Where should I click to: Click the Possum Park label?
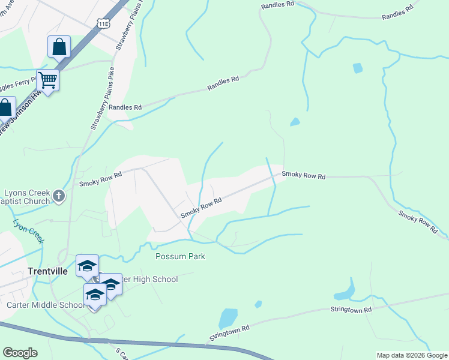coord(180,257)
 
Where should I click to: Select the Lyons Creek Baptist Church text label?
coord(26,198)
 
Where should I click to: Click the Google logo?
coord(20,353)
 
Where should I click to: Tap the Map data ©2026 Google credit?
coord(411,355)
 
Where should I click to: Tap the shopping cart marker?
coord(47,79)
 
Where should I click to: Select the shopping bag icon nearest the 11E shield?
coord(59,46)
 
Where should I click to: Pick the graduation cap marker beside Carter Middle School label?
coord(94,294)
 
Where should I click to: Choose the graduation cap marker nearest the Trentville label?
coord(87,265)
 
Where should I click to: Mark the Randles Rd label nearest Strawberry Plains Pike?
coord(125,107)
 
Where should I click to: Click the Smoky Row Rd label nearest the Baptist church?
coord(101,175)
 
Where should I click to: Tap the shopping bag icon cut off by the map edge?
coord(5,109)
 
